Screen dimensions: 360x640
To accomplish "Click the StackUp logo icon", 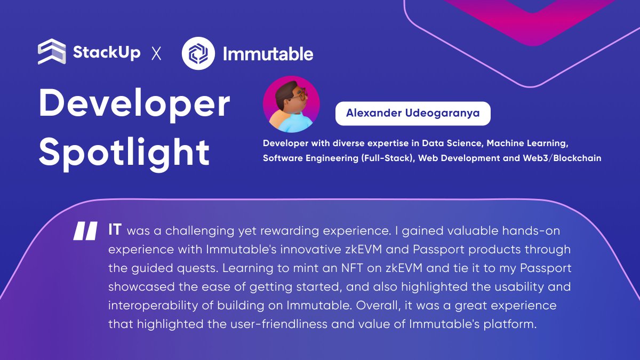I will pos(52,52).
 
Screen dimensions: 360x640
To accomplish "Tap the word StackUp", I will pos(107,52).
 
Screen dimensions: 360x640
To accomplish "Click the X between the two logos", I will pos(156,53).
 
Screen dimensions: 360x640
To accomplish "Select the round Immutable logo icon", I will pos(198,53).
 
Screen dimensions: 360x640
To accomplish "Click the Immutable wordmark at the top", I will pos(268,53).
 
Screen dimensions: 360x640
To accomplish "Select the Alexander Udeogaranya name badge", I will pos(412,113).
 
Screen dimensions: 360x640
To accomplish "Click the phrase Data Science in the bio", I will pos(447,143).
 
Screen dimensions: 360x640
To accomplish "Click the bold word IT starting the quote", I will pos(115,230).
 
